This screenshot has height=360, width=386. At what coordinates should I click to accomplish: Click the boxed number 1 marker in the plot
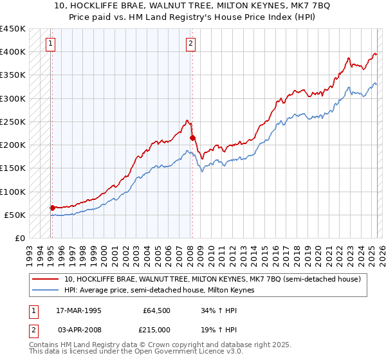click(x=51, y=44)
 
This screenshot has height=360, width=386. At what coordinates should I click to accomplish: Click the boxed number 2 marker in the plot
click(x=192, y=44)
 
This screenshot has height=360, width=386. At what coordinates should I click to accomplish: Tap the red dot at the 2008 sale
click(x=192, y=138)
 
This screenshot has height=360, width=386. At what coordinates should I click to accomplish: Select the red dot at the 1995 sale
click(x=52, y=208)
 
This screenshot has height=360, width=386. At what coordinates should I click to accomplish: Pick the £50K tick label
click(x=15, y=215)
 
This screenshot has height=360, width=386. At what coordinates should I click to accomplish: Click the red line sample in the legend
click(x=47, y=279)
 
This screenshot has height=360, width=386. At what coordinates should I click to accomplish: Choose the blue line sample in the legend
click(x=47, y=291)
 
